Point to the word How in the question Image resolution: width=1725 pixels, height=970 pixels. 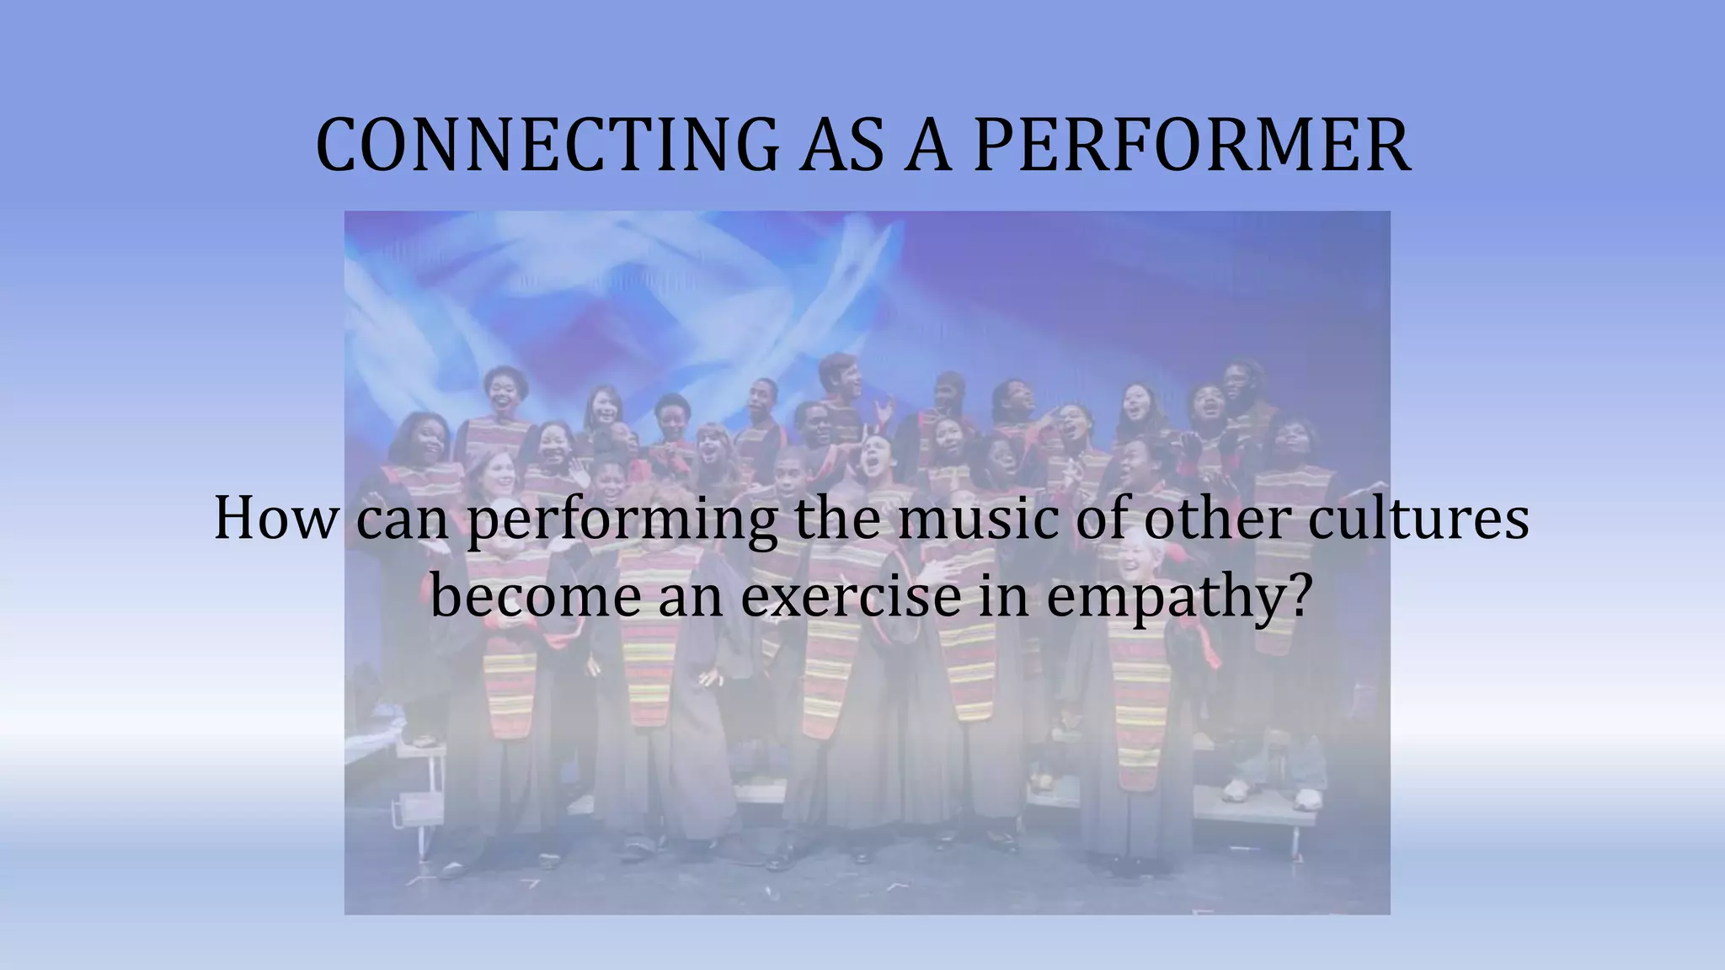[x=275, y=519]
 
